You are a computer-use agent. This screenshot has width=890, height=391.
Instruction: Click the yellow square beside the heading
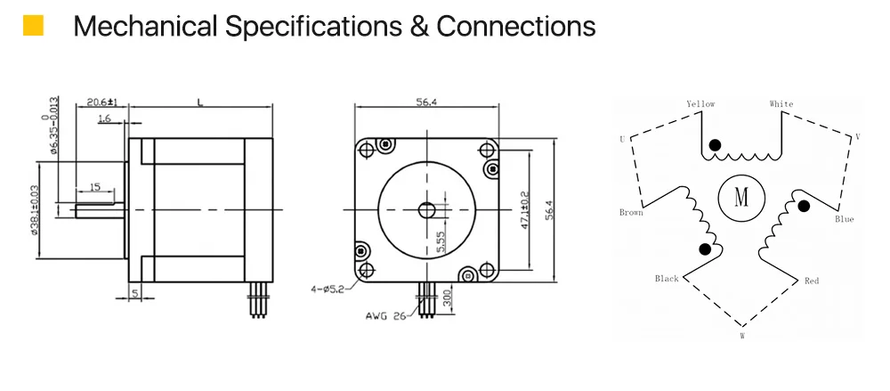tap(33, 26)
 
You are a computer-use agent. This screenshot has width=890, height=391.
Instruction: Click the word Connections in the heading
tap(516, 26)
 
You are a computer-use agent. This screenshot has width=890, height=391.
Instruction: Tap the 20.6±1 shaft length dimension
tap(101, 102)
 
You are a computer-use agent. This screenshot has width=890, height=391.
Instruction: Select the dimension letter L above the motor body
tap(199, 102)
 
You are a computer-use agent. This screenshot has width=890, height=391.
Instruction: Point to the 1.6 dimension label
tap(104, 118)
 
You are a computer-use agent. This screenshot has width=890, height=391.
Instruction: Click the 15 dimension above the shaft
tap(95, 186)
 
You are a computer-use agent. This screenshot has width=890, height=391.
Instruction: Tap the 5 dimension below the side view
tap(134, 294)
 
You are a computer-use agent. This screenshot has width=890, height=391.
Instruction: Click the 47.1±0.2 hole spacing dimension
tap(524, 209)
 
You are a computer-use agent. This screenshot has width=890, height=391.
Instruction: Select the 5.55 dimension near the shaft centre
tap(441, 241)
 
